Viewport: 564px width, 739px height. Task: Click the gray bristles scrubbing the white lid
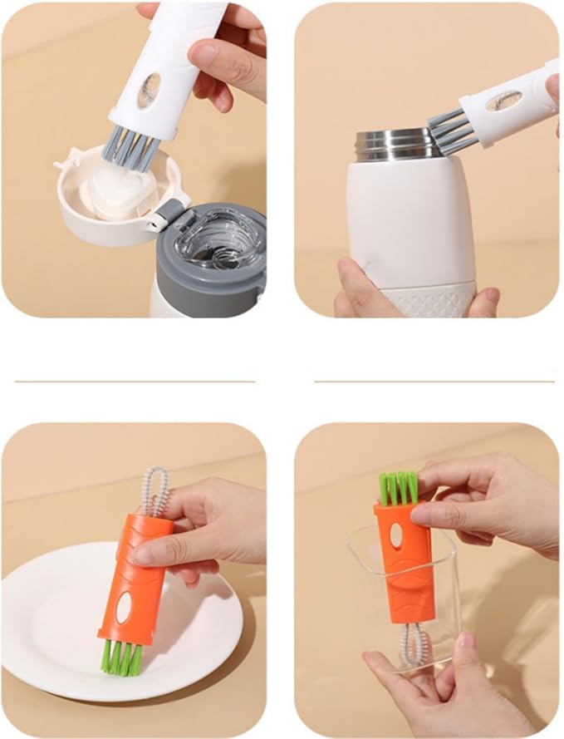[128, 147]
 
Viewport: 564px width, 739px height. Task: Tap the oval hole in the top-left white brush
[150, 91]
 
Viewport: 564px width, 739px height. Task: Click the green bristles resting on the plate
[120, 657]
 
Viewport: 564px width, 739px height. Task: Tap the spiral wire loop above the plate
[154, 491]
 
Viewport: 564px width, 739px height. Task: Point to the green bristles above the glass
[399, 488]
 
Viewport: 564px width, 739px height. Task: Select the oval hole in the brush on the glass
[396, 535]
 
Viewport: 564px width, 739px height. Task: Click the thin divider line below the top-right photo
[434, 382]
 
